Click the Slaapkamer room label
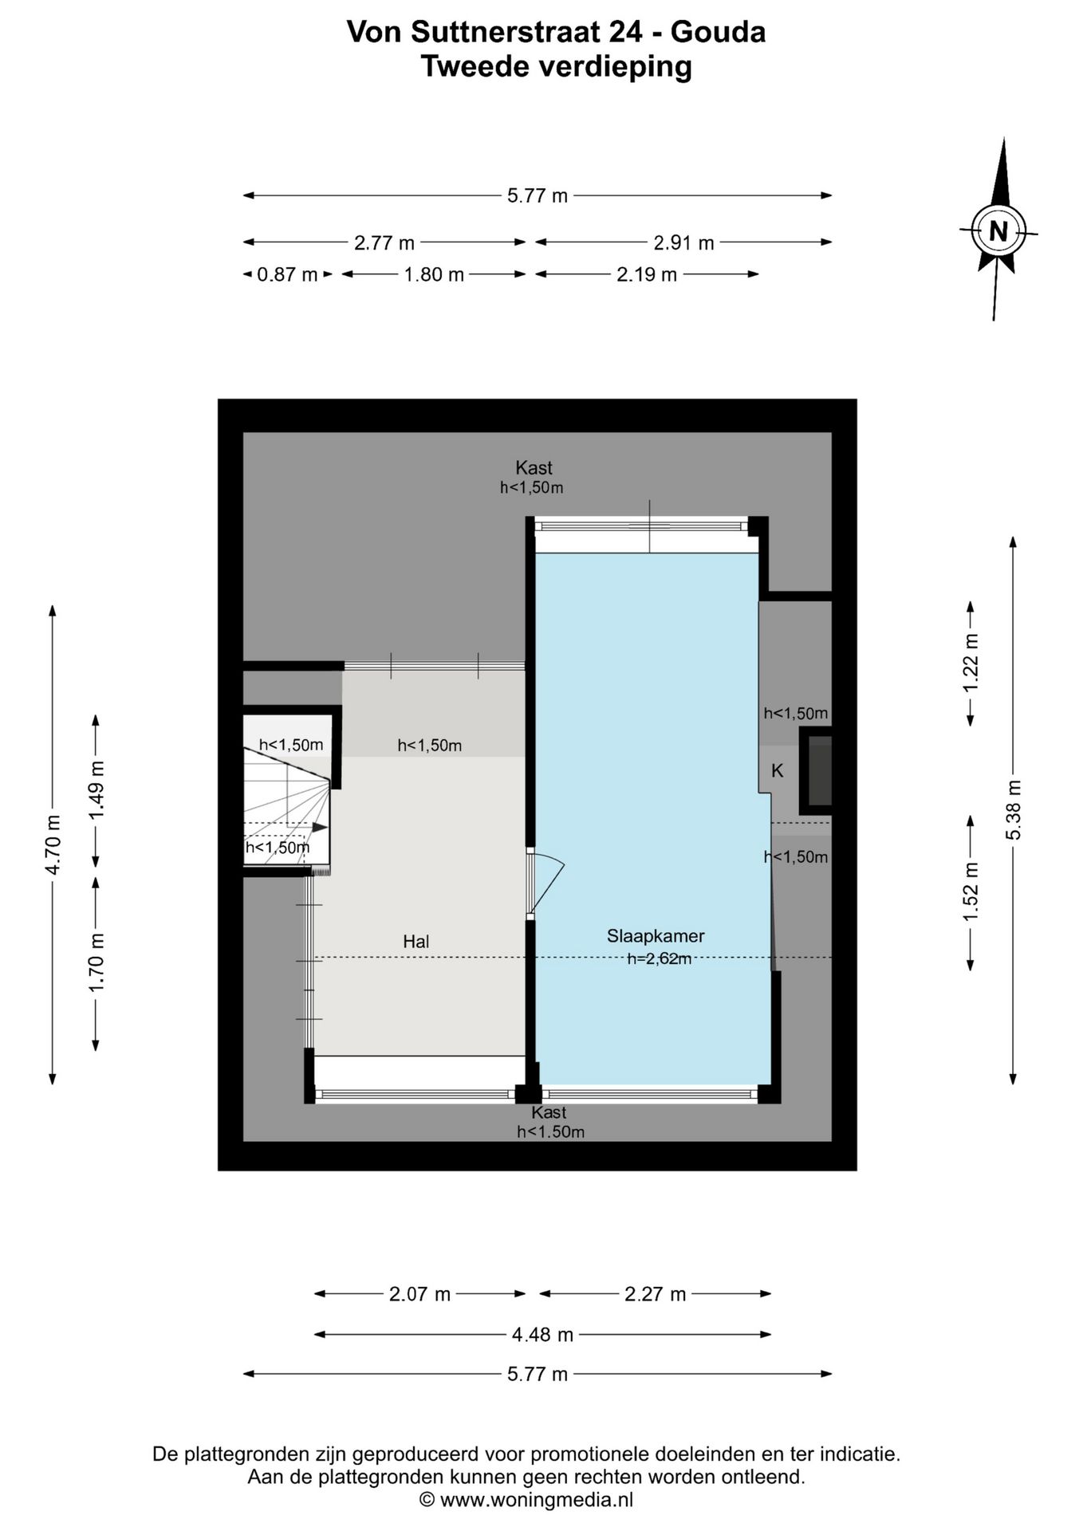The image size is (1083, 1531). coord(656,936)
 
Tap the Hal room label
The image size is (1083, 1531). coord(416,942)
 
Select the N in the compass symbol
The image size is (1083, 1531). coord(998,231)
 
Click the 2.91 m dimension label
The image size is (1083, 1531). coord(683,242)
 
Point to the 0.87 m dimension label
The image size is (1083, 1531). coord(287,275)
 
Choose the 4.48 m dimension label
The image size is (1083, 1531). coord(542,1334)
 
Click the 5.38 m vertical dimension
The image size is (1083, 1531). coord(1013,809)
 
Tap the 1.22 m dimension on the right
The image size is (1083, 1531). coord(970,664)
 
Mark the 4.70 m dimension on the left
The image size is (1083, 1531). coord(53,844)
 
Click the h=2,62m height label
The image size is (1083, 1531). coord(660,959)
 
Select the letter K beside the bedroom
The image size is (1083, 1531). coord(778,771)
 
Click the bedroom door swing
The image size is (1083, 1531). coord(545,882)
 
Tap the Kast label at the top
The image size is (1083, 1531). coord(534,468)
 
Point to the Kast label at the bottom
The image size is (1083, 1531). coord(549,1112)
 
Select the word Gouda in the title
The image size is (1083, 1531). coord(718,32)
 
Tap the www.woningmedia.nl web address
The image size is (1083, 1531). coord(537,1499)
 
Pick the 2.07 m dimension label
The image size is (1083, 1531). coord(420,1294)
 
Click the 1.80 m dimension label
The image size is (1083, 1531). coord(434,275)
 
